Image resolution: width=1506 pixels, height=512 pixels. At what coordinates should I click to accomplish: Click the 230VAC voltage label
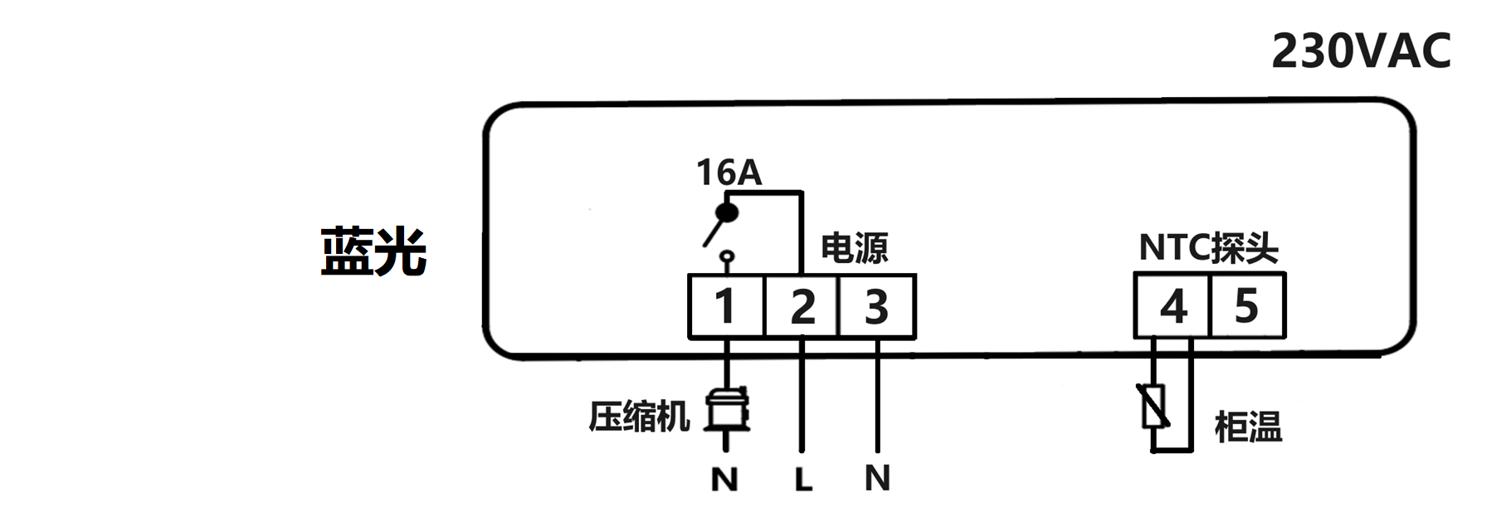1361,51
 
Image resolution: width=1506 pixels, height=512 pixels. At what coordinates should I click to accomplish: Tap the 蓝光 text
373,251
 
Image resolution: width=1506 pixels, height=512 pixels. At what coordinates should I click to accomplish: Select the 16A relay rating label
728,173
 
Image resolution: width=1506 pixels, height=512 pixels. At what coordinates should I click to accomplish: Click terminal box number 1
726,306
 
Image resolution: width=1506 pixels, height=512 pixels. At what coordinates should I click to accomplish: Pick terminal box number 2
802,306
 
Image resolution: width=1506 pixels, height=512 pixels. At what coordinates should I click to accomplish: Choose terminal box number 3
877,306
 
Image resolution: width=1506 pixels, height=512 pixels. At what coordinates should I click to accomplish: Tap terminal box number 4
1172,306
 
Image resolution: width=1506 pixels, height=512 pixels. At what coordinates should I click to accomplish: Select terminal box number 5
1247,306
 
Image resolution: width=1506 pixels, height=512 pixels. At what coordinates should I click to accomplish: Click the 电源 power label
854,248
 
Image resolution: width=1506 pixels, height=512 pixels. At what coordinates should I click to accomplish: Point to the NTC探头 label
1207,247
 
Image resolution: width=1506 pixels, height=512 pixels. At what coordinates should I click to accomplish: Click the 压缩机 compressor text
639,417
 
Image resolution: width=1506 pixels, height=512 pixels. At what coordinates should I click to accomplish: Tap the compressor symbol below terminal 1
728,409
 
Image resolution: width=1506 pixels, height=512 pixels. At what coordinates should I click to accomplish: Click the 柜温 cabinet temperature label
1247,427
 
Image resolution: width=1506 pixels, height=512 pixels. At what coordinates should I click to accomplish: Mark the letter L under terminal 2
802,480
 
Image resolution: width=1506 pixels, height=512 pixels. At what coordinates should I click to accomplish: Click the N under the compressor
724,480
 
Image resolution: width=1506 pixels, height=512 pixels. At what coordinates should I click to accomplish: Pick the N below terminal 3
877,478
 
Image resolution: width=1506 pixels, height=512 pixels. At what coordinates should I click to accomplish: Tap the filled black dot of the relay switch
728,213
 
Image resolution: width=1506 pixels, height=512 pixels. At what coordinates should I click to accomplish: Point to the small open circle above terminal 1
727,256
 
